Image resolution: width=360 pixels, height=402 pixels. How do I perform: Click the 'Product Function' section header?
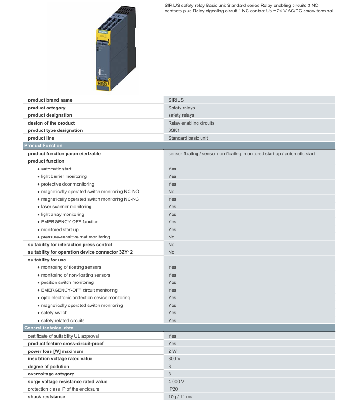point(43,145)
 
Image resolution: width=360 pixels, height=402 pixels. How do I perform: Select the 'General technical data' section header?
point(49,328)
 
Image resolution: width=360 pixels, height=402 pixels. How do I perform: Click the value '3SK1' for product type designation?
point(174,130)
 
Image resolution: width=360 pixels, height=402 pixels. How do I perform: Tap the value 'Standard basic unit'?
point(188,138)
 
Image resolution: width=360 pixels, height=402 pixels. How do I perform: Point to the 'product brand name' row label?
point(50,100)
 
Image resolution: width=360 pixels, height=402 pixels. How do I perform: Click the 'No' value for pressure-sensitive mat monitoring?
point(171,237)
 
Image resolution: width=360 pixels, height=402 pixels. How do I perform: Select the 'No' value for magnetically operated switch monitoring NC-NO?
point(171,191)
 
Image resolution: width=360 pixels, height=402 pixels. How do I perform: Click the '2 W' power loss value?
point(173,351)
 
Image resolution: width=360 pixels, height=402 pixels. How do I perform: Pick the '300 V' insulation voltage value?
point(174,359)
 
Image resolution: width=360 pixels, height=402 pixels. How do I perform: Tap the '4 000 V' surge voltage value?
point(176,381)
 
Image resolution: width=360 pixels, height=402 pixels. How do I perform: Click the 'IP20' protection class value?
point(173,389)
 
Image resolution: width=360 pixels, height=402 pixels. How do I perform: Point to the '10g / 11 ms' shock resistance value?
point(180,396)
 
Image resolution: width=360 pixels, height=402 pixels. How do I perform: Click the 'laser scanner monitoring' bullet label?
point(66,207)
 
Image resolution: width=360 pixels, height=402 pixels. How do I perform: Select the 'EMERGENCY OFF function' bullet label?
point(70,222)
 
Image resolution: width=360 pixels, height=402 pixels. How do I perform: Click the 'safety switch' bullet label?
point(54,313)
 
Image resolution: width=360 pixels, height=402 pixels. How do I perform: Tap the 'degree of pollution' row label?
point(48,366)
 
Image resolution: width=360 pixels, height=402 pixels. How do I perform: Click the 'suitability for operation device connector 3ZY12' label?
point(80,252)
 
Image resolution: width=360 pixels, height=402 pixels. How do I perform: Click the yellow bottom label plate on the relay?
point(103,85)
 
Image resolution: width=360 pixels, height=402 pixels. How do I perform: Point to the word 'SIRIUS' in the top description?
point(172,5)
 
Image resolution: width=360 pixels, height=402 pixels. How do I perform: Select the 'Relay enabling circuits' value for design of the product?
point(191,123)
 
